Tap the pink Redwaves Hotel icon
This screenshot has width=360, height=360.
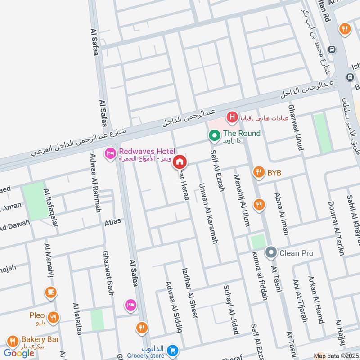[x=109, y=153]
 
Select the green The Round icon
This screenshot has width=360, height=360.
[x=214, y=134]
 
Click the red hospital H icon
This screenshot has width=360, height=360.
[x=232, y=118]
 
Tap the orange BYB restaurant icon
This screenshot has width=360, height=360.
[x=258, y=171]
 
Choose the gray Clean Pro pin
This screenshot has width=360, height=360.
[x=271, y=253]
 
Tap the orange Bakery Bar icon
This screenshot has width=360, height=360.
[x=13, y=341]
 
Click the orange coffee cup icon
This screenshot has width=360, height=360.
[x=50, y=292]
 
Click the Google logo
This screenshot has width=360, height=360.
[x=19, y=353]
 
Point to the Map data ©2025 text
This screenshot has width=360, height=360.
[x=335, y=356]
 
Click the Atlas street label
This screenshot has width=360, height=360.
[x=112, y=221]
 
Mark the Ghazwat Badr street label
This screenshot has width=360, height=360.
[x=108, y=274]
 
